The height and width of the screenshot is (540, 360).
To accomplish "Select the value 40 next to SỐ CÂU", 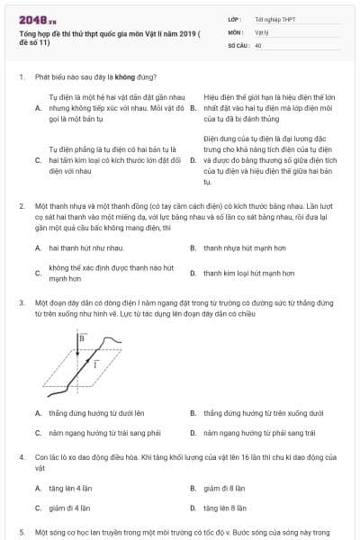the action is tap(258, 43).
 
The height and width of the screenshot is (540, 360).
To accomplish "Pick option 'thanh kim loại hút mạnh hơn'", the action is tap(241, 273).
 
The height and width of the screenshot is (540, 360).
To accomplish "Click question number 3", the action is tap(21, 303).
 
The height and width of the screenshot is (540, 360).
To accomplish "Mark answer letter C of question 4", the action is tap(38, 508).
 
